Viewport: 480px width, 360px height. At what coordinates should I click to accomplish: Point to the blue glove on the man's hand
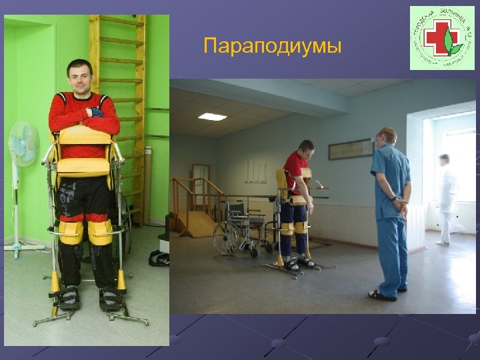point(97,111)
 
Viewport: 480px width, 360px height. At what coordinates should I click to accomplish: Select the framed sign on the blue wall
point(350,149)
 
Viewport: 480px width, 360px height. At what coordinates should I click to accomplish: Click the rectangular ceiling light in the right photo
point(212,117)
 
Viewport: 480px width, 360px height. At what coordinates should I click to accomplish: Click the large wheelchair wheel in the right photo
point(227,236)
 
